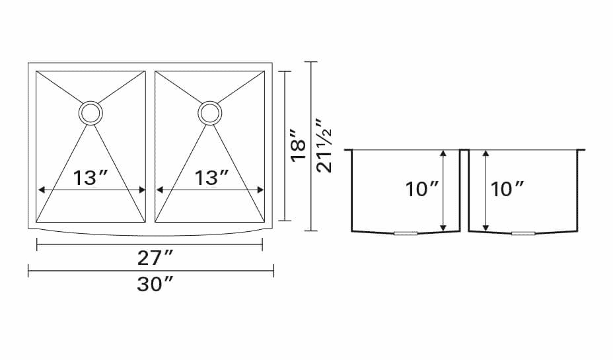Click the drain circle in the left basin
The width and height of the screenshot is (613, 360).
(90, 102)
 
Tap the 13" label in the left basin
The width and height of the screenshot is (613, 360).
(90, 178)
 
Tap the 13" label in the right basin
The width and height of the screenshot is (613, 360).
(211, 178)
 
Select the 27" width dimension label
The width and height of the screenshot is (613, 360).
(155, 258)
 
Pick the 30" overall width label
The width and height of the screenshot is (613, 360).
(155, 284)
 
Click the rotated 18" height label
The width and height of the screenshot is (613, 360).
(299, 144)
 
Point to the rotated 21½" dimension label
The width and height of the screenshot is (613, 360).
(324, 146)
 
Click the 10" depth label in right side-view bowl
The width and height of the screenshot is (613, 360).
(507, 189)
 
